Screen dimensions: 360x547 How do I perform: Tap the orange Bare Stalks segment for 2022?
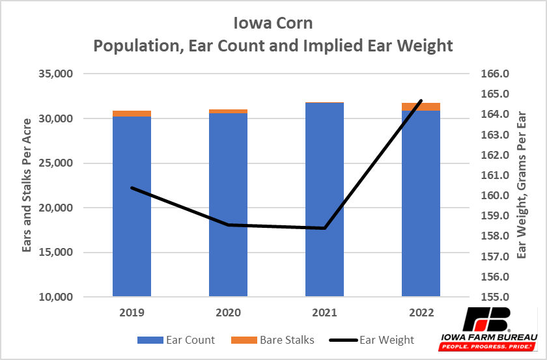[421, 107]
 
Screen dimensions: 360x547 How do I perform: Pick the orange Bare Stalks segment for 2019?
[132, 114]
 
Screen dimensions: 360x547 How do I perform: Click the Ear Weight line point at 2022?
[421, 101]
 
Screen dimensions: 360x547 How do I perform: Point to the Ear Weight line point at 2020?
[228, 225]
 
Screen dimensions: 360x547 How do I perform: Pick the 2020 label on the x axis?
[228, 312]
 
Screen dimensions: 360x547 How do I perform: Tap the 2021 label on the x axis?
[324, 312]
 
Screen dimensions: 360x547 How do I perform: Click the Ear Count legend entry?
[175, 340]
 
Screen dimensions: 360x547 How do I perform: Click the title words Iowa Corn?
[273, 23]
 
